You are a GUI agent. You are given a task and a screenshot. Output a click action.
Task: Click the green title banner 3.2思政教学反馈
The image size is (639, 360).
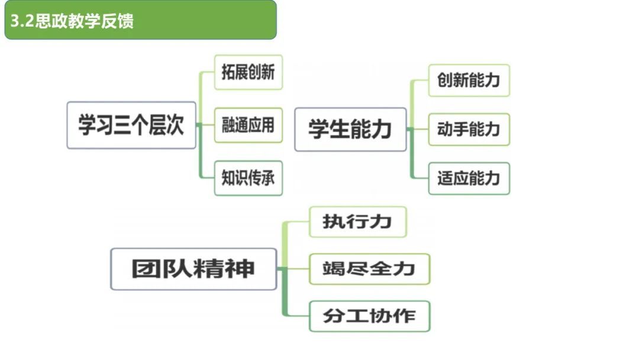140,20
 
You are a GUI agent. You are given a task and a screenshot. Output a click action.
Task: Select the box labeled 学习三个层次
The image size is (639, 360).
131,126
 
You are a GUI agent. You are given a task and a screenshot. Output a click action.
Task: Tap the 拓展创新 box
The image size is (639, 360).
248,72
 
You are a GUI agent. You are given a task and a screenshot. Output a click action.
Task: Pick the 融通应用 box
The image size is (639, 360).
248,125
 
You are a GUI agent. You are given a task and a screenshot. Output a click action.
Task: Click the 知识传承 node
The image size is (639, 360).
248,178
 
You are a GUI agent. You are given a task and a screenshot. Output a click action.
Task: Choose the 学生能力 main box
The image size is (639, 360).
350,129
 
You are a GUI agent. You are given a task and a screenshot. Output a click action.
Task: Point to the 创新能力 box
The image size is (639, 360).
469,80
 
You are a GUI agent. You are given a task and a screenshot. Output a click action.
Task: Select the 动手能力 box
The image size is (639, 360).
469,129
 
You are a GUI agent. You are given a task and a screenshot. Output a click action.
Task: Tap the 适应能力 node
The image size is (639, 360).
469,178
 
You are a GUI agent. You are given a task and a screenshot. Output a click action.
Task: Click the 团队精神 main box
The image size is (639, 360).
193,269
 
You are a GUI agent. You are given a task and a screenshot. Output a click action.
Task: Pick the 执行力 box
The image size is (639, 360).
357,222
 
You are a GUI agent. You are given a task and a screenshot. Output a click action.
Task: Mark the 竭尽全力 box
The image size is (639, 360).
369,269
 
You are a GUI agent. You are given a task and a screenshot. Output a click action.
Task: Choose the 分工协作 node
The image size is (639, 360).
369,316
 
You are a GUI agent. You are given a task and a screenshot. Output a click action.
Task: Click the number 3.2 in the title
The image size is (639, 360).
22,21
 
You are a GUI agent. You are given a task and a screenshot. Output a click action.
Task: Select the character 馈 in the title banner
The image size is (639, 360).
125,21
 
